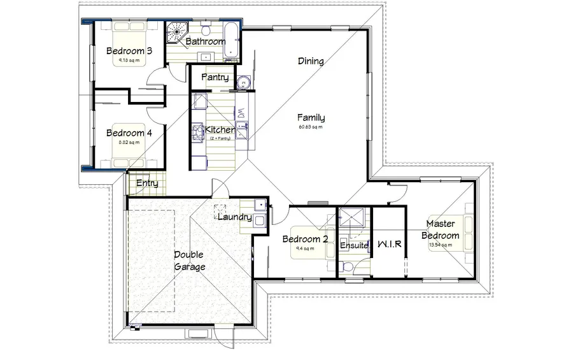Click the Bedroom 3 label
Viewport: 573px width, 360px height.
tap(129, 51)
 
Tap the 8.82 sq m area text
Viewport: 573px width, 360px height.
tap(128, 143)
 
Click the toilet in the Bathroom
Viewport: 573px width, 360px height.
tap(205, 31)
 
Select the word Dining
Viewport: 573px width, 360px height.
tap(311, 62)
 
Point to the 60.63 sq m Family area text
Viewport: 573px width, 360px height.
tap(311, 127)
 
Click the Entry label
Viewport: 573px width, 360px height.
tap(147, 184)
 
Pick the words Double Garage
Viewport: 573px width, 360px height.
tap(189, 261)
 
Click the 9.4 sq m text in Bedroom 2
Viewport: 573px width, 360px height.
tap(305, 248)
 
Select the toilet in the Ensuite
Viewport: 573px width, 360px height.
tap(344, 264)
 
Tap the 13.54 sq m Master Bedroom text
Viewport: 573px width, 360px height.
tap(442, 245)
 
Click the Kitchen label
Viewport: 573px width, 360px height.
tap(220, 130)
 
